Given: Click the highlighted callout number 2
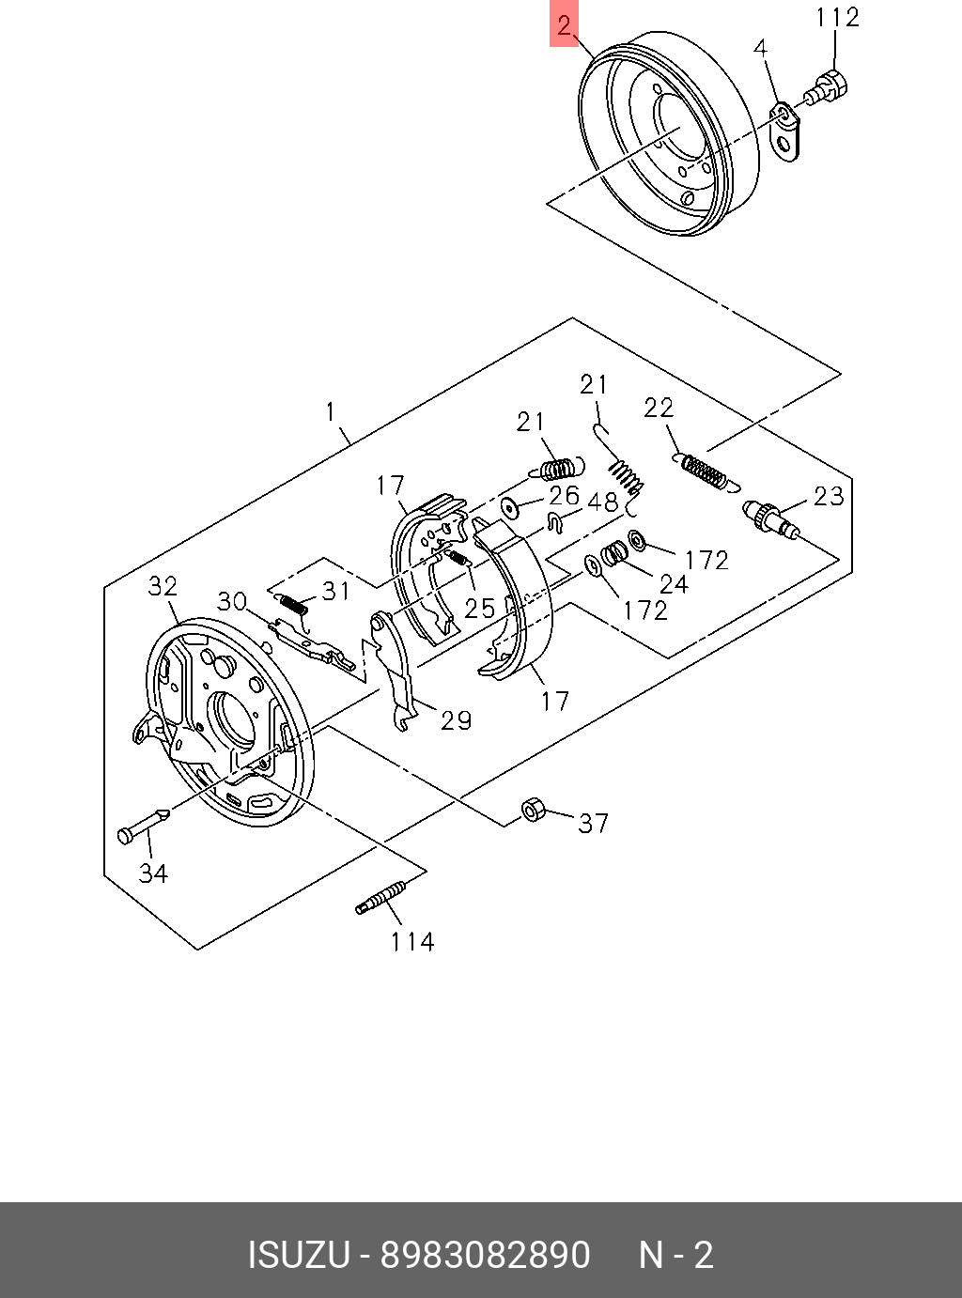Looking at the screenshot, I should tap(564, 25).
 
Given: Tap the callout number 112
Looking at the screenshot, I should tap(837, 17).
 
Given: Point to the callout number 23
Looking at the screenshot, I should tap(829, 495).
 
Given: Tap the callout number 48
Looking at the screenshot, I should tap(602, 502).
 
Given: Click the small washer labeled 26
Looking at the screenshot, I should tap(511, 508).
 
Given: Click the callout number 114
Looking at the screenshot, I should tap(412, 941).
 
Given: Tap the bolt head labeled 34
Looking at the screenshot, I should tap(126, 834).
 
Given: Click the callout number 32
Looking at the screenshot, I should tap(163, 586).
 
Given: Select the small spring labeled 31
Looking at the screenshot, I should tap(293, 606).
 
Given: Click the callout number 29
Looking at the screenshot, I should tap(456, 720).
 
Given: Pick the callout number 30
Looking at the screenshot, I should tap(231, 601).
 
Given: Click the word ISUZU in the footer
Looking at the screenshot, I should tap(299, 1255).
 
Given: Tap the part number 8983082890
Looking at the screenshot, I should tap(485, 1255).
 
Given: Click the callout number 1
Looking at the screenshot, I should tap(331, 412).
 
